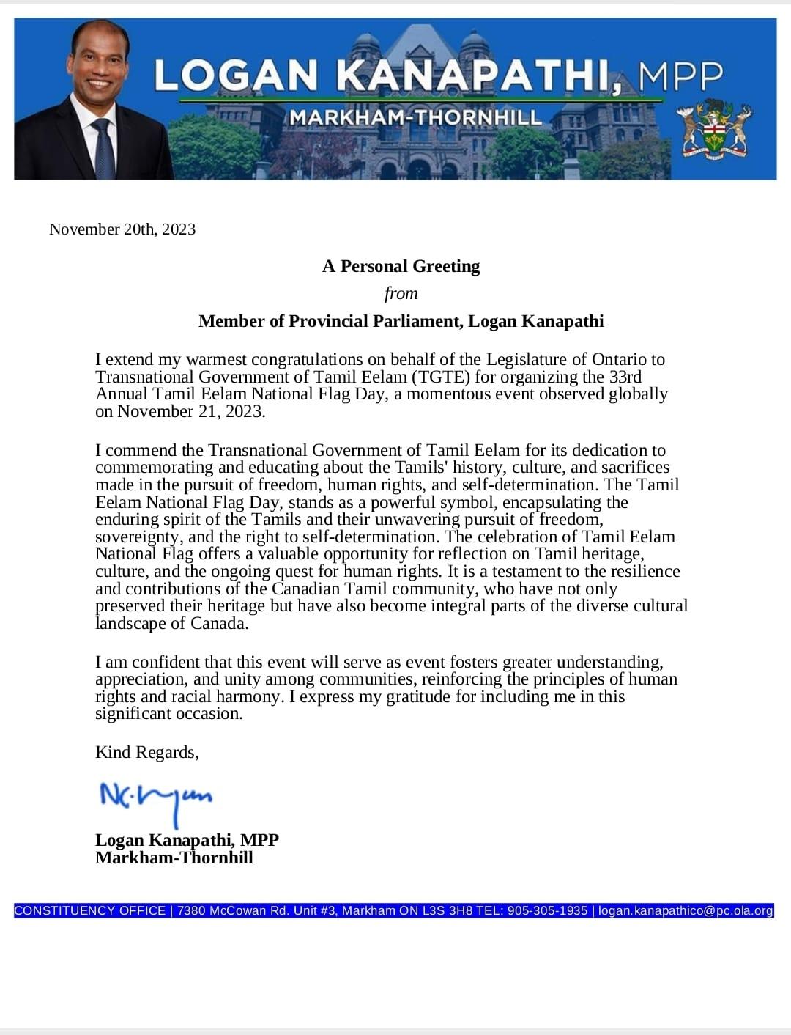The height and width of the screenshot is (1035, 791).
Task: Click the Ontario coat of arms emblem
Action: coord(714,130)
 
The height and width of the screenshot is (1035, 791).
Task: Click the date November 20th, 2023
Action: coord(122,229)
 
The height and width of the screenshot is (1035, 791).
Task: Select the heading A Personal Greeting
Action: coord(401,266)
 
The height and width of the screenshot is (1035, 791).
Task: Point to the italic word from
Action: coord(401,293)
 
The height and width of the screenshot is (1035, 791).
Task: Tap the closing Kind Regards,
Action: coord(146,753)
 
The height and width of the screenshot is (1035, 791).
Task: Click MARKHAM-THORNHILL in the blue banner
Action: coord(415,117)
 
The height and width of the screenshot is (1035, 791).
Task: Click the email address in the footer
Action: coord(686,910)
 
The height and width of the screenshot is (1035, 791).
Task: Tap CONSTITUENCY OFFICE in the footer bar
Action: coord(90,910)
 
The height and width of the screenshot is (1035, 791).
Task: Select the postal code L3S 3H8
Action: coord(446,910)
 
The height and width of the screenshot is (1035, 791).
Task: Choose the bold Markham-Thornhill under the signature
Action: coord(174,858)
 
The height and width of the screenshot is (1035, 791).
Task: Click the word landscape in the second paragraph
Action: coord(130,623)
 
